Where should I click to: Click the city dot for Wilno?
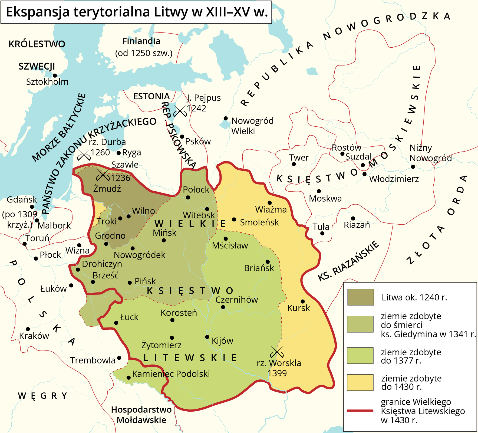(128, 216)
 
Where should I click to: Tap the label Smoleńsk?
(259, 222)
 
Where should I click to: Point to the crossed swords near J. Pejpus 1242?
(180, 111)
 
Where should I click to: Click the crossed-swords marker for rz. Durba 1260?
(84, 155)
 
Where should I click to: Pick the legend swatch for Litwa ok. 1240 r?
(360, 297)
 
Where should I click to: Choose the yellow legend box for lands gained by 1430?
(360, 382)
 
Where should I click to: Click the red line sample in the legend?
(360, 411)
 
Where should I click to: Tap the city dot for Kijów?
(207, 337)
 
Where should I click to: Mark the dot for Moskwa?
(319, 191)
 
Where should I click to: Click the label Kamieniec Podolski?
(171, 374)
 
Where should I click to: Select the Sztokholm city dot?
(55, 76)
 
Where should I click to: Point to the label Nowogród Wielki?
(252, 126)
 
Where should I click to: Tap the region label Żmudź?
(107, 189)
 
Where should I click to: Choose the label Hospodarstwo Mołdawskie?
(141, 415)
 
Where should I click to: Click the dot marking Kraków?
(28, 329)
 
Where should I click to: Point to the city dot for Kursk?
(303, 301)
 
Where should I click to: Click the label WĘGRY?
(42, 396)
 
